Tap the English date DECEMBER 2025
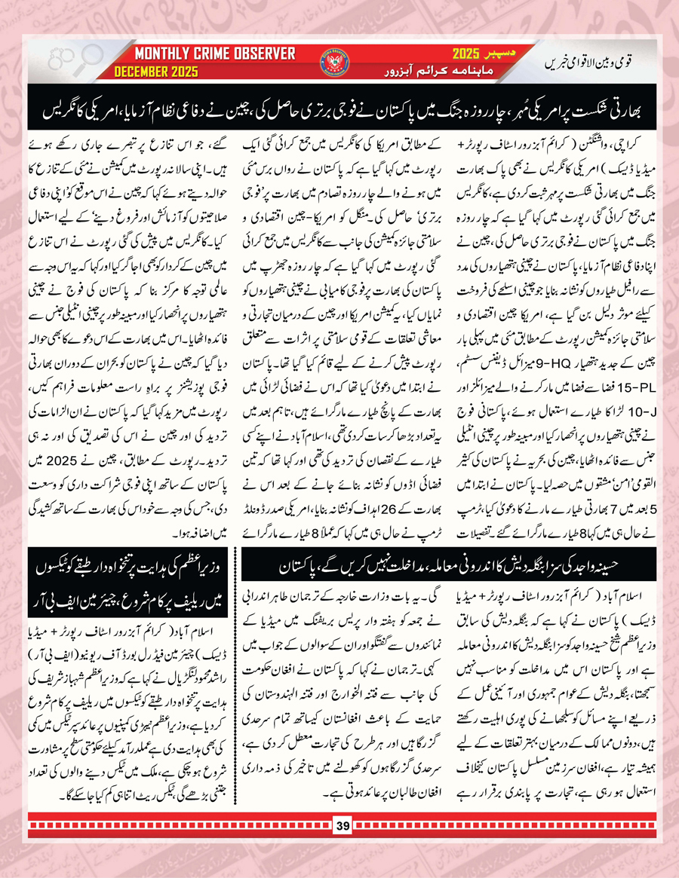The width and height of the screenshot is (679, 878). [x=156, y=72]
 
